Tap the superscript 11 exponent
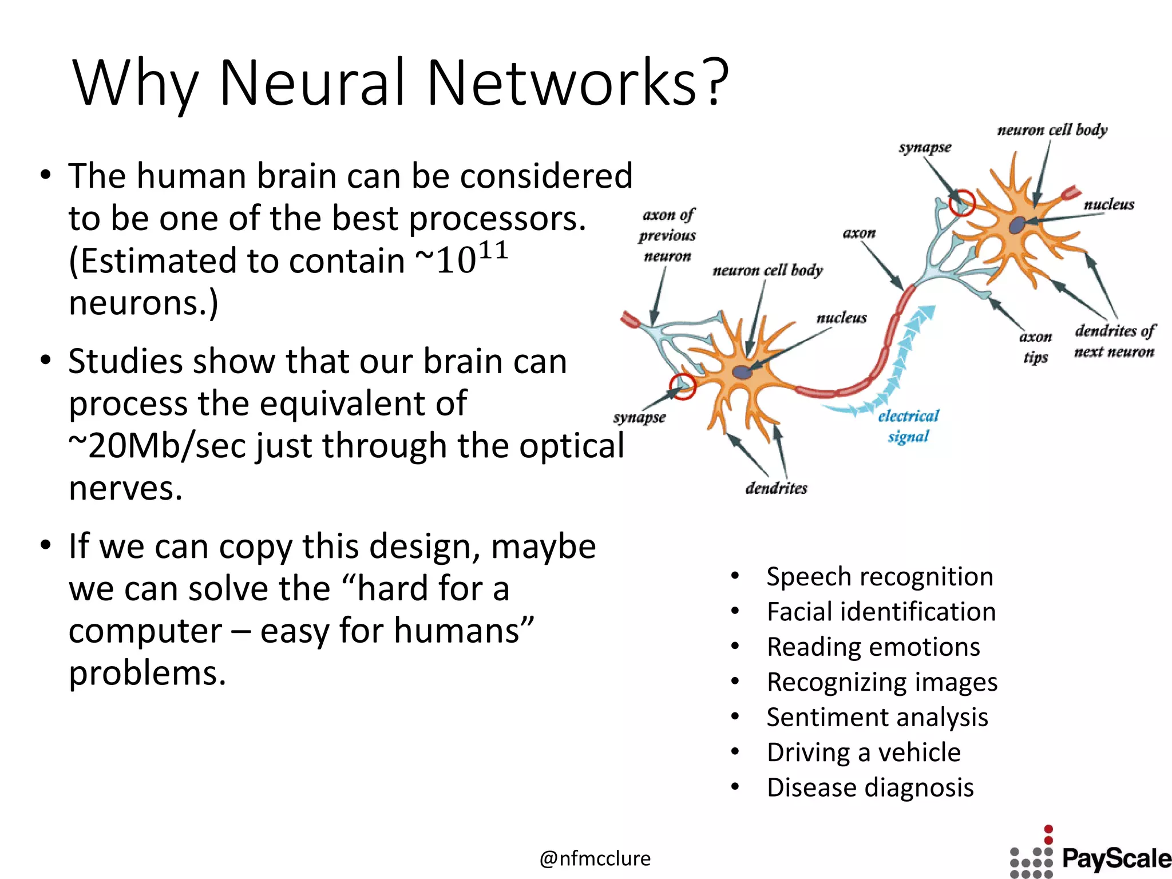493,251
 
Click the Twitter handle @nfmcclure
595,858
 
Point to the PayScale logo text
1116,859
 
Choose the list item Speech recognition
880,576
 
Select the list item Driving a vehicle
864,752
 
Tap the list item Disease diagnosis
870,787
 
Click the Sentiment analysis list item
877,717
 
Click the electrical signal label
908,426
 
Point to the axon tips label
1035,347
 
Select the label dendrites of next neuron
1114,341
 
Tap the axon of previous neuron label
667,235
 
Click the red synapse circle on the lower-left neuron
683,386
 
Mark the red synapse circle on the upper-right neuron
962,203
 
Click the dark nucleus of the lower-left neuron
742,372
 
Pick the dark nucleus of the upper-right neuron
1016,225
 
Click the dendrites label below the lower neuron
776,488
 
